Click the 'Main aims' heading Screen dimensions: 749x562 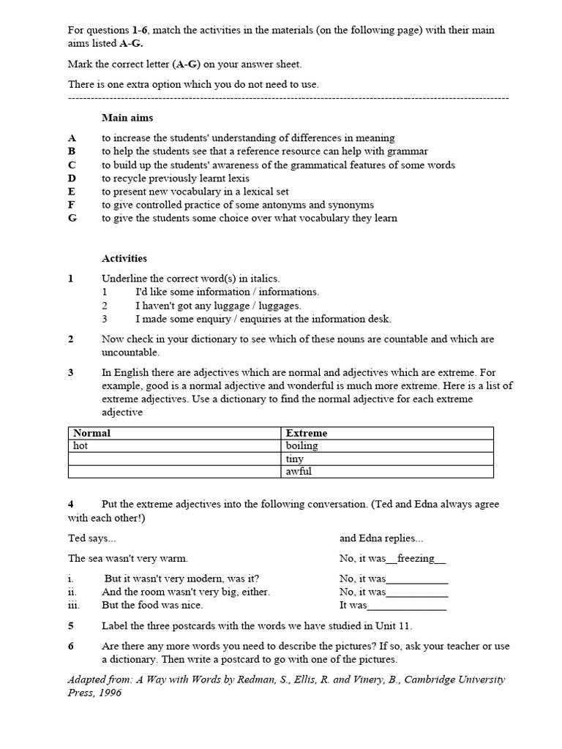[127, 117]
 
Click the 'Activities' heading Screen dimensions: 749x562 [124, 258]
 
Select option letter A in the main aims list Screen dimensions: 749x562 [72, 138]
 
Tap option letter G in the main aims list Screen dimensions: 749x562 [72, 218]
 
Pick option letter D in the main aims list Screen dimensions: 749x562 [72, 178]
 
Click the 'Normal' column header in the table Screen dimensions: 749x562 [92, 433]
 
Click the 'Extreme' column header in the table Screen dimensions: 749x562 [307, 433]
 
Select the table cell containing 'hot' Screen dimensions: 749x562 [174, 445]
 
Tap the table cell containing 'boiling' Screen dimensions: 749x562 [386, 445]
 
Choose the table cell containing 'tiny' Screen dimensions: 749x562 [386, 459]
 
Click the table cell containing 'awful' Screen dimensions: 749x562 [386, 471]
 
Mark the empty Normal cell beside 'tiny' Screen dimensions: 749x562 [174, 459]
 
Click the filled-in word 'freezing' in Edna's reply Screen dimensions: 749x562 [416, 558]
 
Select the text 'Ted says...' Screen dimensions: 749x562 [91, 538]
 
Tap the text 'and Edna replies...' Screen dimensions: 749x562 [381, 538]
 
